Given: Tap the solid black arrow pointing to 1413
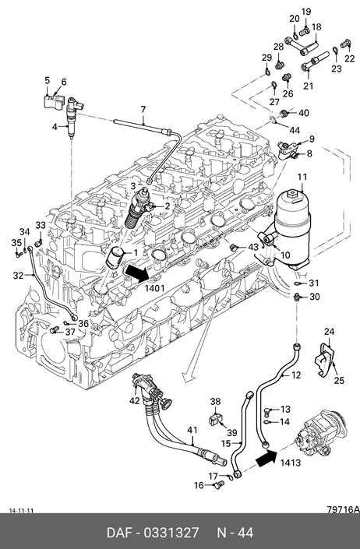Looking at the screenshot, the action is (266, 459).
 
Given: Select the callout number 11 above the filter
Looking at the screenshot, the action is (302, 178).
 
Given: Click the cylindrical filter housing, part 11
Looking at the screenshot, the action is (292, 228).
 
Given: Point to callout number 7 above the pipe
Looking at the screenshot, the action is (143, 110).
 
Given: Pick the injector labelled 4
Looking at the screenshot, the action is (73, 118).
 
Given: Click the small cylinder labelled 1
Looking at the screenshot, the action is (115, 261).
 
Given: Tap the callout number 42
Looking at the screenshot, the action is (135, 400).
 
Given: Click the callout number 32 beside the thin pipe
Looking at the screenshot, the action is (18, 276).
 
